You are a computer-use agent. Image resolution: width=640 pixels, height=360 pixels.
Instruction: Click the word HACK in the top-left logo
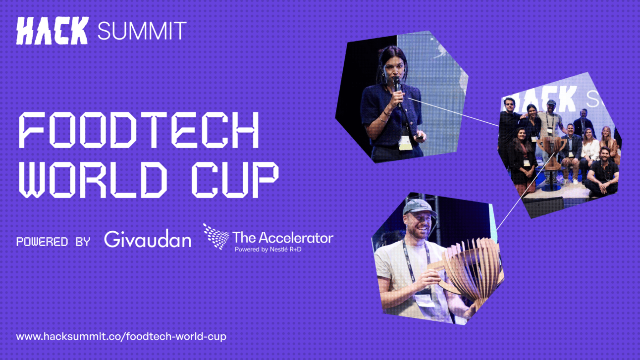pyautogui.click(x=52, y=31)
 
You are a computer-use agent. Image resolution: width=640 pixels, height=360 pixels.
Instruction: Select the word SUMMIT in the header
pyautogui.click(x=142, y=31)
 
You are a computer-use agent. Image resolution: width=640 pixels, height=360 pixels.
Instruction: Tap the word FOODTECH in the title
pyautogui.click(x=139, y=130)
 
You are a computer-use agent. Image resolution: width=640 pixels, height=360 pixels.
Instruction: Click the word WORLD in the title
pyautogui.click(x=93, y=179)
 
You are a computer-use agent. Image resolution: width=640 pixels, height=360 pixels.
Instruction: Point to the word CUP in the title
pyautogui.click(x=235, y=179)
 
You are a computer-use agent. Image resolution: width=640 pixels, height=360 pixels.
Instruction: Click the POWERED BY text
pyautogui.click(x=53, y=242)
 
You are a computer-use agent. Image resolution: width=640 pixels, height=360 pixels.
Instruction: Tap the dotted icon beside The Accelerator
pyautogui.click(x=216, y=237)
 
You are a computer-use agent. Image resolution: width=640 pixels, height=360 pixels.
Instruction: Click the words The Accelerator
pyautogui.click(x=283, y=237)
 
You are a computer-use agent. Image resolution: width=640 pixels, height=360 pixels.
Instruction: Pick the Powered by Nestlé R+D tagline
pyautogui.click(x=268, y=250)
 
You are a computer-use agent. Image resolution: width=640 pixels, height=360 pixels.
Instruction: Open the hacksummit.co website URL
pyautogui.click(x=121, y=336)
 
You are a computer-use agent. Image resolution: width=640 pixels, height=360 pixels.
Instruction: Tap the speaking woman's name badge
pyautogui.click(x=405, y=143)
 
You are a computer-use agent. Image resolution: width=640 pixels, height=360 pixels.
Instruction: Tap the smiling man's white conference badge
pyautogui.click(x=425, y=300)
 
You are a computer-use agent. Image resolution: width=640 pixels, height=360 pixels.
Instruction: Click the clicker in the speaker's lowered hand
pyautogui.click(x=420, y=138)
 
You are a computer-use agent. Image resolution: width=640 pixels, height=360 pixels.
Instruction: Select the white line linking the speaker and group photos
pyautogui.click(x=454, y=112)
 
